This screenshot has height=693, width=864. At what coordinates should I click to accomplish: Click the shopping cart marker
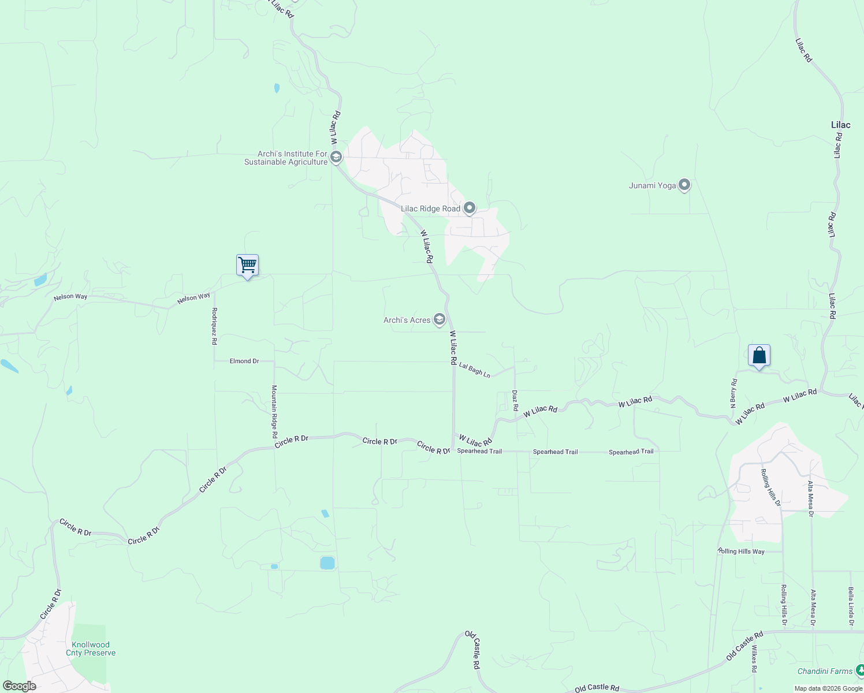click(247, 266)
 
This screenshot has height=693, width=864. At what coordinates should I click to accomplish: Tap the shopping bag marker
click(759, 356)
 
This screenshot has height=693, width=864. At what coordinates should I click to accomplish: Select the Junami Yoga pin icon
click(684, 185)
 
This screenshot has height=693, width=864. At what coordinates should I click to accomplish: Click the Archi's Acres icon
click(440, 320)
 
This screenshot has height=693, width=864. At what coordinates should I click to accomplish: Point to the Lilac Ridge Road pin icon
click(470, 208)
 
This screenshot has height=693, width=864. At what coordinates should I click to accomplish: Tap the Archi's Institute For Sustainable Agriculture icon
click(336, 158)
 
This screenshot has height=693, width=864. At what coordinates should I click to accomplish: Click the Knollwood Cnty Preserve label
click(91, 649)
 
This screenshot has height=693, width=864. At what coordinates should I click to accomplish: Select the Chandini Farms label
click(825, 671)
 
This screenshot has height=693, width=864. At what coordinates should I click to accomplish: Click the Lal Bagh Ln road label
click(475, 371)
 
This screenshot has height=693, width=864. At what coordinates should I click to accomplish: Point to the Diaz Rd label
click(515, 400)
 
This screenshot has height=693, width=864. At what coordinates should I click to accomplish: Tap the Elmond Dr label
click(244, 361)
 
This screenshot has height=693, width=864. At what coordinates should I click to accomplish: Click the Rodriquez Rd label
click(214, 326)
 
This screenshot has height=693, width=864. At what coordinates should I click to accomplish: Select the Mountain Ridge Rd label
click(274, 411)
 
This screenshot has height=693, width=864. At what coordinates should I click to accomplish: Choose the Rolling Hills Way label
click(742, 552)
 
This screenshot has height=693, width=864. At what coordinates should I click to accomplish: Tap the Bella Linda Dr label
click(851, 606)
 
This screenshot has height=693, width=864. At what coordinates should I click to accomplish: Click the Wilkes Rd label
click(754, 659)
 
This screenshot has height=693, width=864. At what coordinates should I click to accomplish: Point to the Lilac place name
click(840, 125)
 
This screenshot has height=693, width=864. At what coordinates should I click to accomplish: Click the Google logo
click(19, 686)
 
